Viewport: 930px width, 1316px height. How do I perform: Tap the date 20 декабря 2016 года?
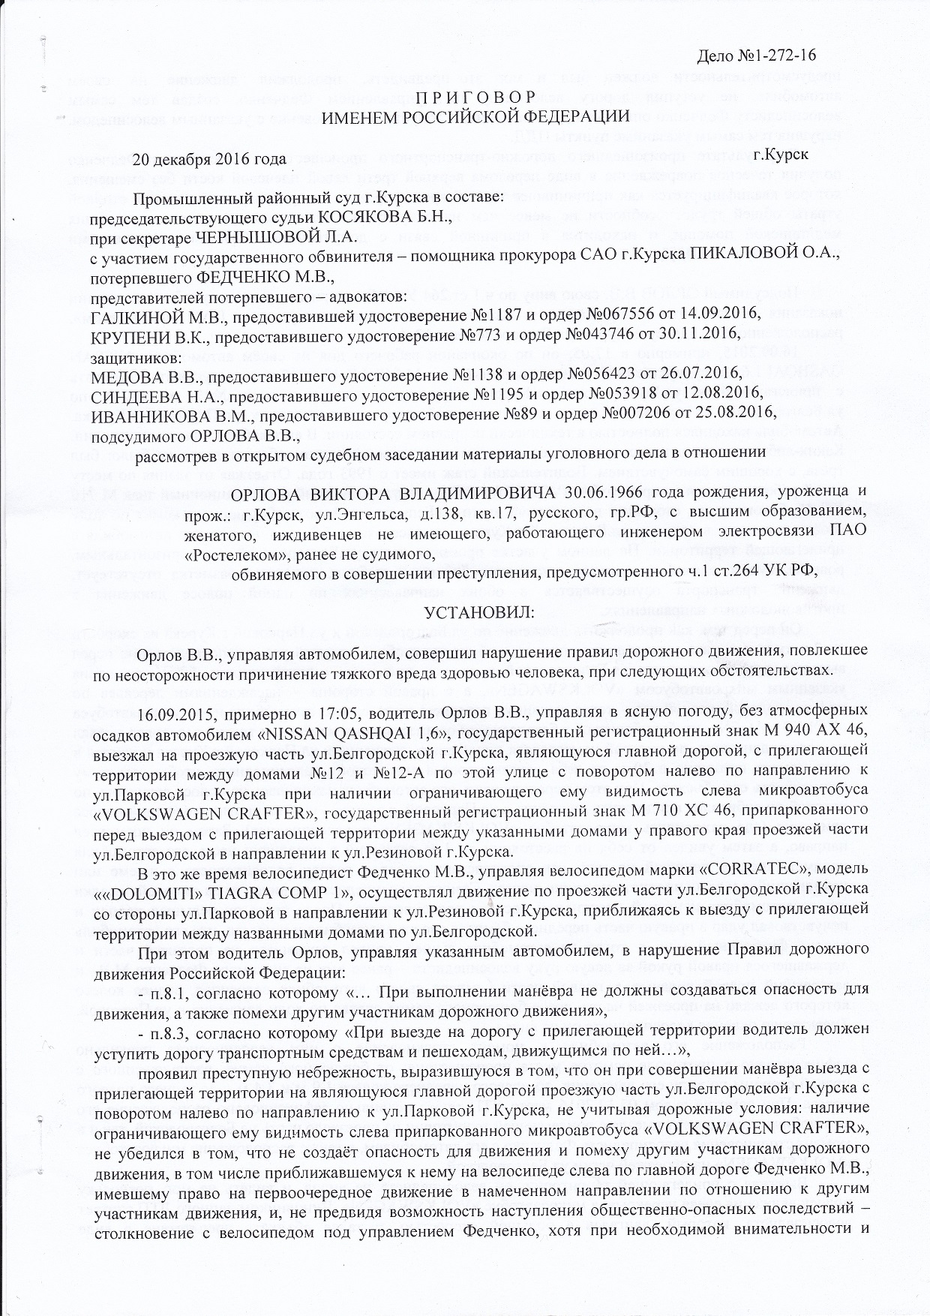[x=210, y=159]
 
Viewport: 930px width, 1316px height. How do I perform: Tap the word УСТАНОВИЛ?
[x=479, y=611]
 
